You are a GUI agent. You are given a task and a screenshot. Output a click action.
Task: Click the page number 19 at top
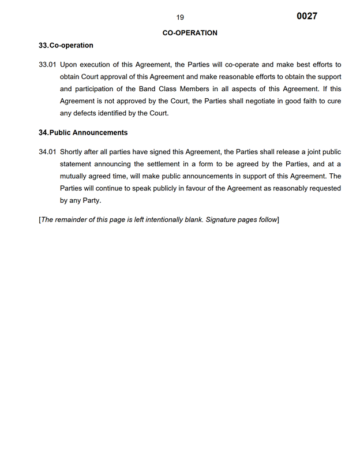181,17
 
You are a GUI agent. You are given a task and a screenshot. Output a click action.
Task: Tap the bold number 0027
307,16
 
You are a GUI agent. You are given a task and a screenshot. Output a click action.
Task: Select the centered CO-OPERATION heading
190,33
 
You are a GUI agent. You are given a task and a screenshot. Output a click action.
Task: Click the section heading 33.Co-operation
66,45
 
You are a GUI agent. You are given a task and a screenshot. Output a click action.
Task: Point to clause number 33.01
47,65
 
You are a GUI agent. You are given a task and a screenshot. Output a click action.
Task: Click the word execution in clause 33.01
95,65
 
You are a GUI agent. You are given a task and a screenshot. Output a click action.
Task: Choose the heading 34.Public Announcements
83,132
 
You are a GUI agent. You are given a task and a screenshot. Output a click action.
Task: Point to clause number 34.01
47,152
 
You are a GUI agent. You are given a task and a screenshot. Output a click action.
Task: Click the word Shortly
73,152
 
